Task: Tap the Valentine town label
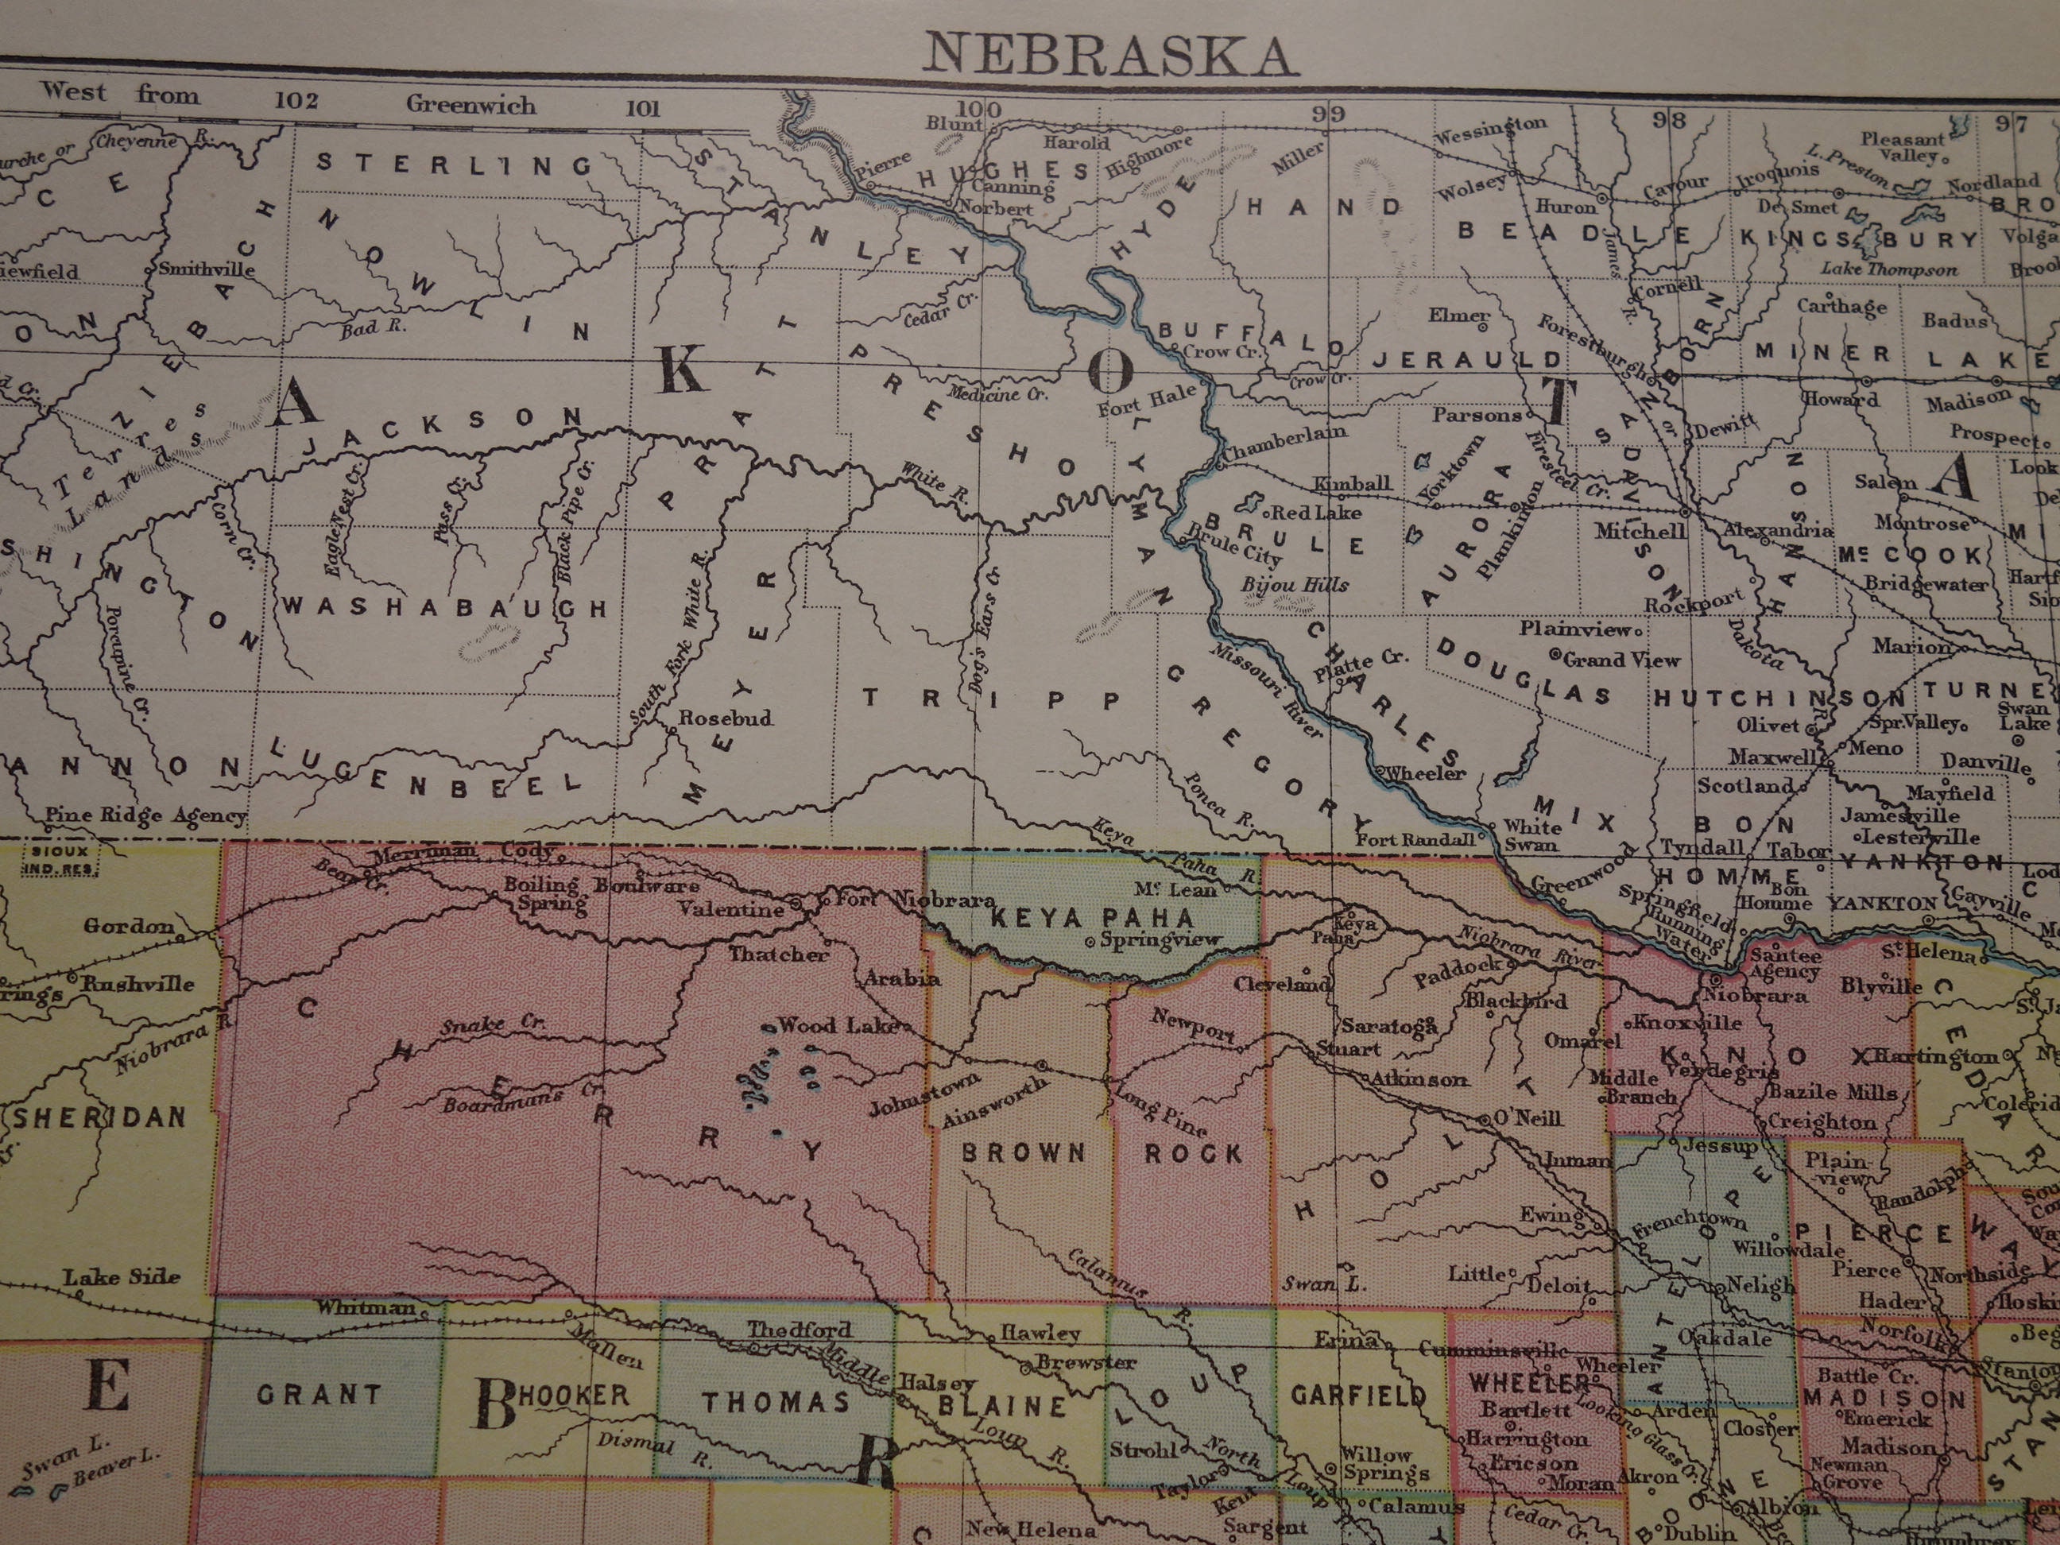(x=731, y=909)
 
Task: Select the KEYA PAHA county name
(x=1091, y=918)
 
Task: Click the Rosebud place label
(x=726, y=718)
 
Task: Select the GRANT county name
(x=319, y=1395)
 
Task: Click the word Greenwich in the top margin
(x=470, y=104)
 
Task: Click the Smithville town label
(x=206, y=269)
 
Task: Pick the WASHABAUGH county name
(x=445, y=607)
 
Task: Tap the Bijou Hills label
(x=1295, y=585)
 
